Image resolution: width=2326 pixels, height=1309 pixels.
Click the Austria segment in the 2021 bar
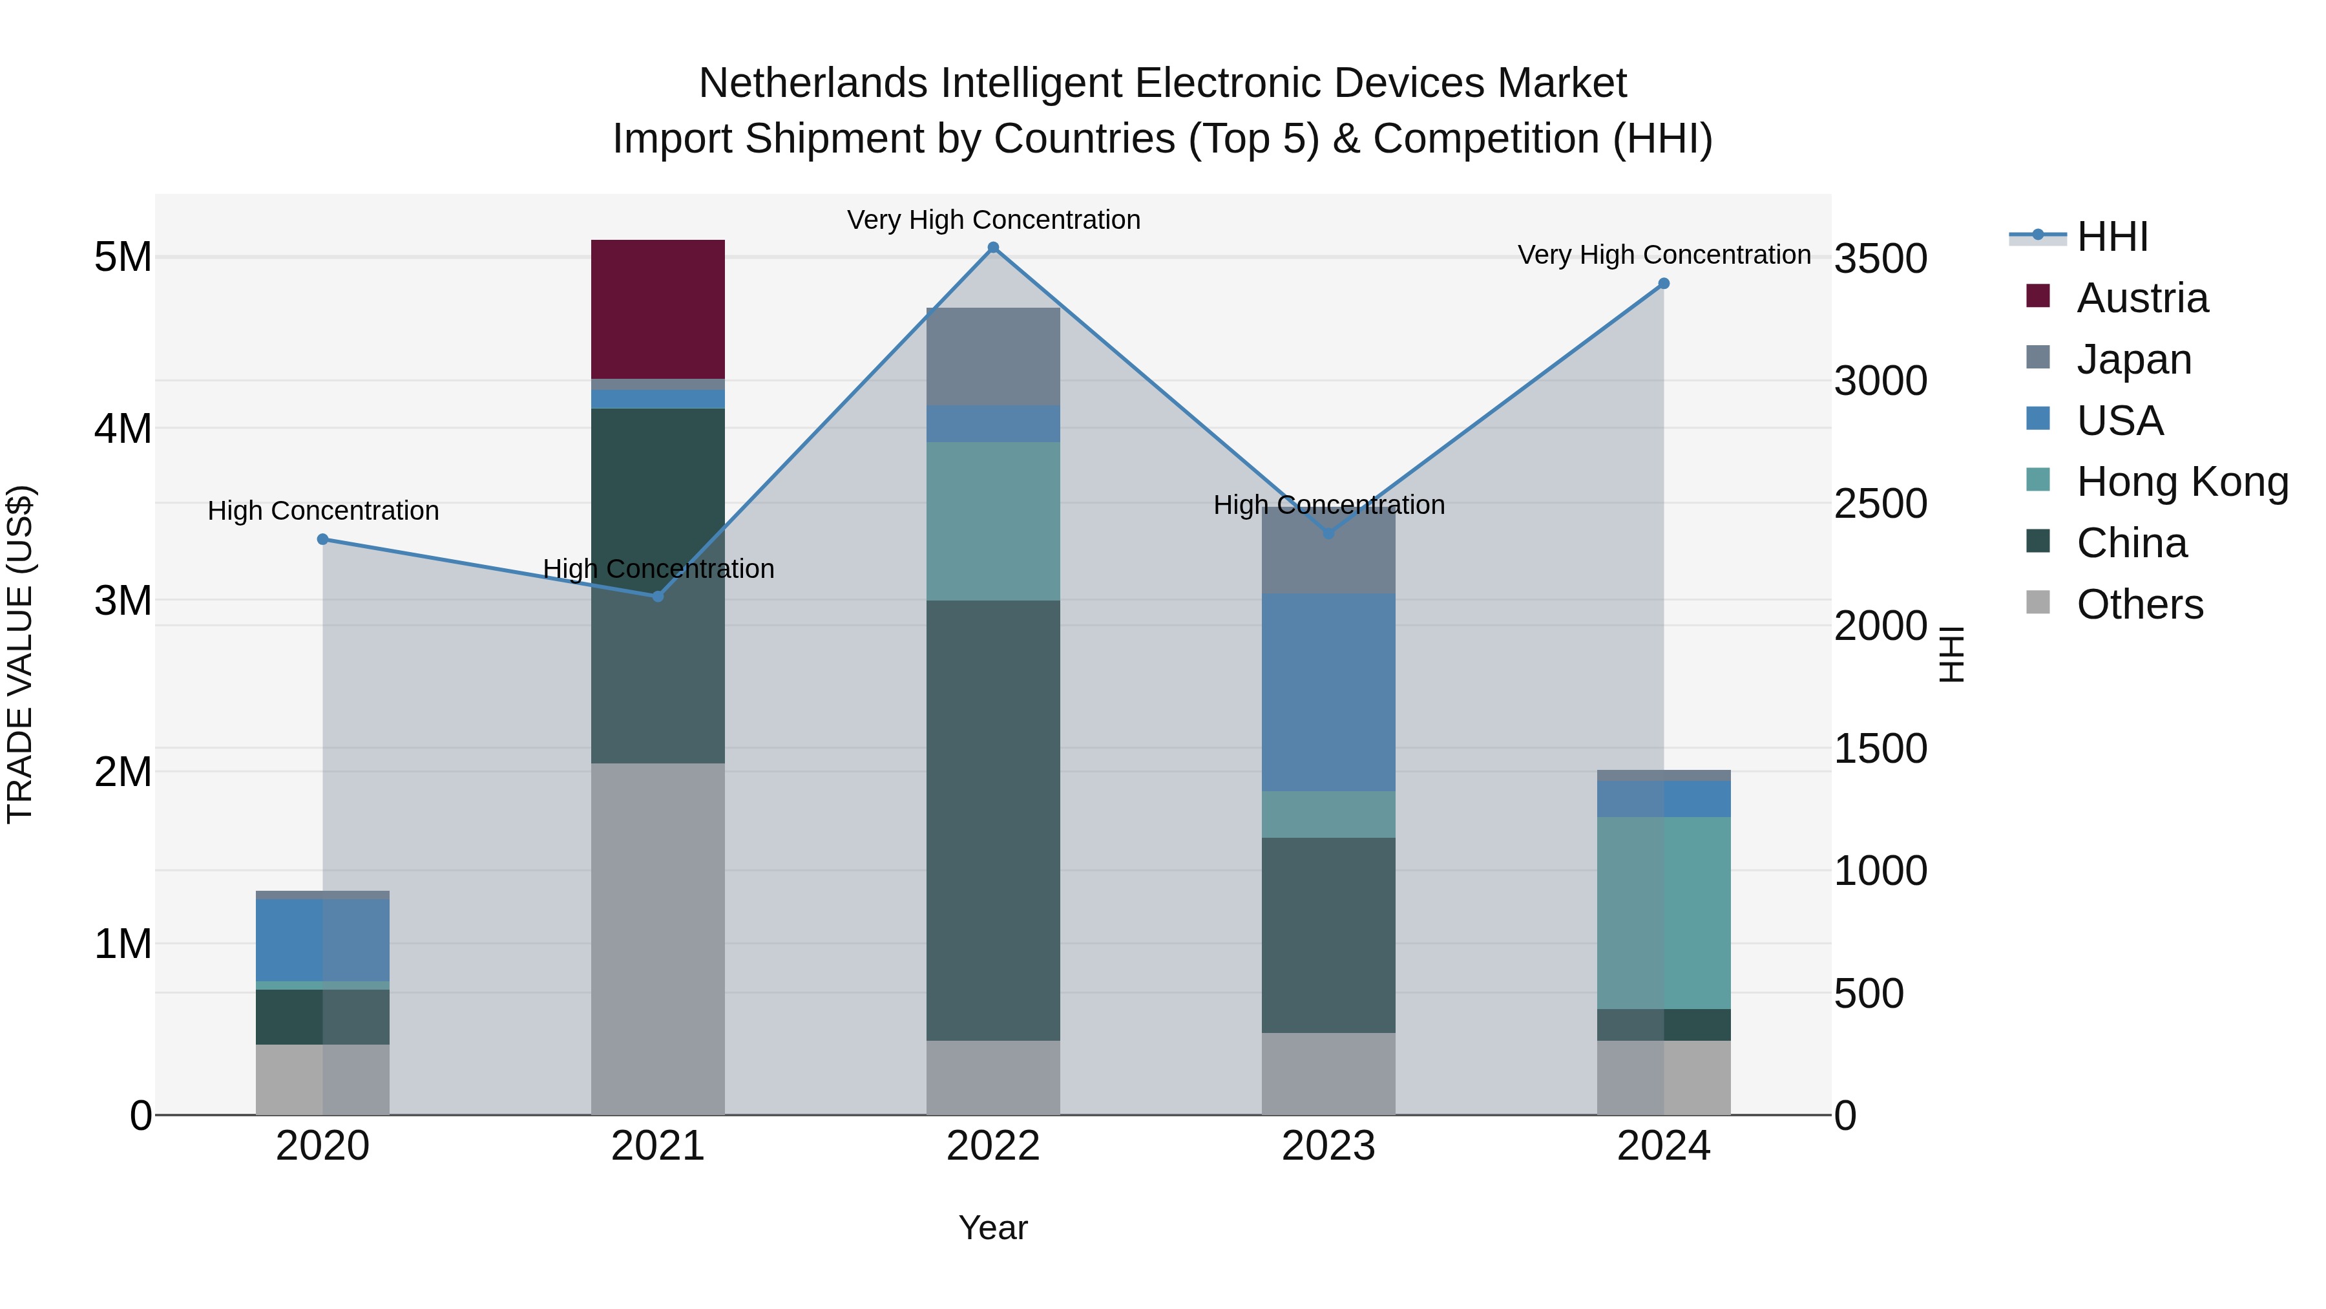point(657,309)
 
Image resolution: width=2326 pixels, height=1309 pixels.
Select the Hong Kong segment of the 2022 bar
point(992,521)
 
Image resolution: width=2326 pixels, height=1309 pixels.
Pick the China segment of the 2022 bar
point(992,820)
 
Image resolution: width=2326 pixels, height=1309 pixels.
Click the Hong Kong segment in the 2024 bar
point(1663,912)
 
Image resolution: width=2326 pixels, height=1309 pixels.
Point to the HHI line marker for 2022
point(992,248)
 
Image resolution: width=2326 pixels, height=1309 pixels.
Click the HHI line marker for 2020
point(322,539)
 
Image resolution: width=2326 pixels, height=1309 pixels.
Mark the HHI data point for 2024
point(1663,284)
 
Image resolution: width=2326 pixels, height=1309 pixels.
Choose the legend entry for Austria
point(2142,298)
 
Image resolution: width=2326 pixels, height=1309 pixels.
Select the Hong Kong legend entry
point(2181,482)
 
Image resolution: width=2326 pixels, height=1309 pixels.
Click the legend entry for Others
point(2139,604)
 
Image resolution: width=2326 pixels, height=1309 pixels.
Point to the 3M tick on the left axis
point(123,601)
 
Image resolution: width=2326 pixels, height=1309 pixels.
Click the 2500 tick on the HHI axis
point(1880,504)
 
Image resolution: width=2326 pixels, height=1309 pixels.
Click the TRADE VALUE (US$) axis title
point(20,654)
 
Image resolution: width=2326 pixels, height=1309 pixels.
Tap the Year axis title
point(992,1228)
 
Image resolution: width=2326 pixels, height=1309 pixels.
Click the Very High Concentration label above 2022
point(992,220)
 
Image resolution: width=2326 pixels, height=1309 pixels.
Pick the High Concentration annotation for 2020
point(322,511)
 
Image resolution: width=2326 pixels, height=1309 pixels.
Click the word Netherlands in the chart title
point(813,83)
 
